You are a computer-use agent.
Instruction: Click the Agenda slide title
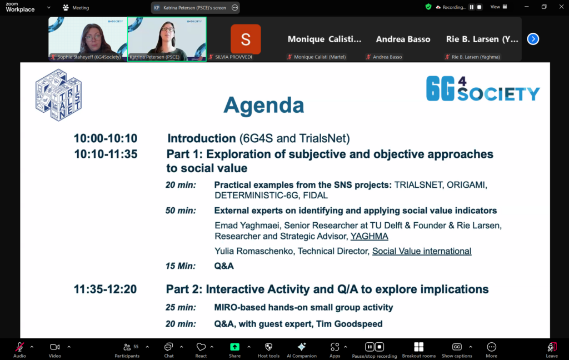point(264,105)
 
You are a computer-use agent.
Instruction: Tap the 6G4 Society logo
point(483,88)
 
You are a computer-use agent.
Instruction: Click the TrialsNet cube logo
point(58,94)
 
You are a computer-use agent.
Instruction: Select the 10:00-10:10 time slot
point(106,138)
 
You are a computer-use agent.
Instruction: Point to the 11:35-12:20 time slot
point(105,289)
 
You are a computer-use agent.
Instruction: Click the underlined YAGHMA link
point(369,236)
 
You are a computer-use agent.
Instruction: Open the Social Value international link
point(422,251)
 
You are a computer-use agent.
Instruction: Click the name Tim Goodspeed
point(349,324)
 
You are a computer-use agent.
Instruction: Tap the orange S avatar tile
point(246,39)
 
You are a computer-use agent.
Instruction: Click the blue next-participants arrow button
point(533,39)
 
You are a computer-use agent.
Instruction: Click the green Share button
point(235,347)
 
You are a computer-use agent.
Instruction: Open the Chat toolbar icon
point(169,347)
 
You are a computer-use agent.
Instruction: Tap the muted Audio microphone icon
point(19,347)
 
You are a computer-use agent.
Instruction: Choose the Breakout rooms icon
point(419,347)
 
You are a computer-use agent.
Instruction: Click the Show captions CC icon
point(457,347)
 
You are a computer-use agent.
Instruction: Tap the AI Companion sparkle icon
point(302,347)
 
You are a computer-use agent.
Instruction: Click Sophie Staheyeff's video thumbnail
point(88,39)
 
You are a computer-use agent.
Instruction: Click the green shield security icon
point(428,7)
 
